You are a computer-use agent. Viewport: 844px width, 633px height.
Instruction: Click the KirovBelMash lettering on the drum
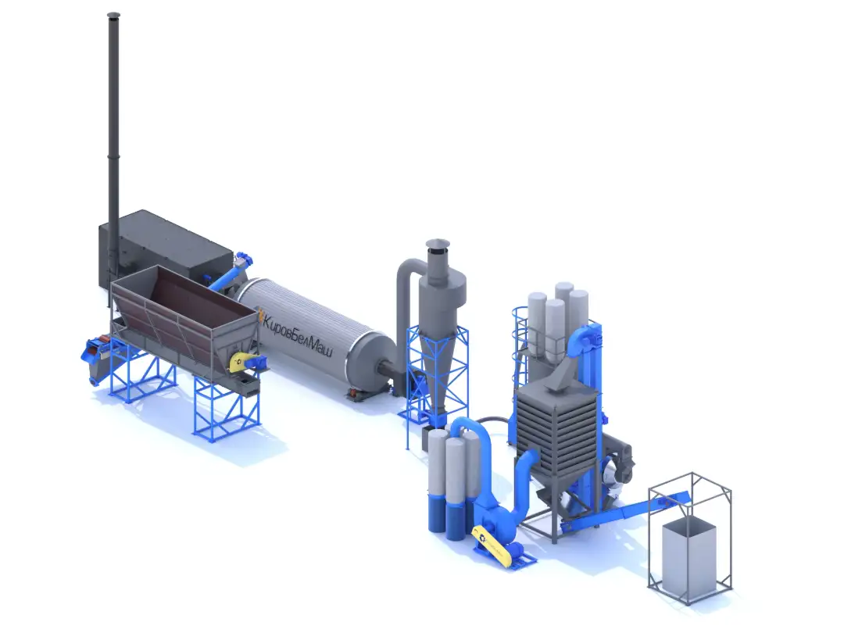(297, 334)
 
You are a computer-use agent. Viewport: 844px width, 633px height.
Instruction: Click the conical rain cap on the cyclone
(438, 244)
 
